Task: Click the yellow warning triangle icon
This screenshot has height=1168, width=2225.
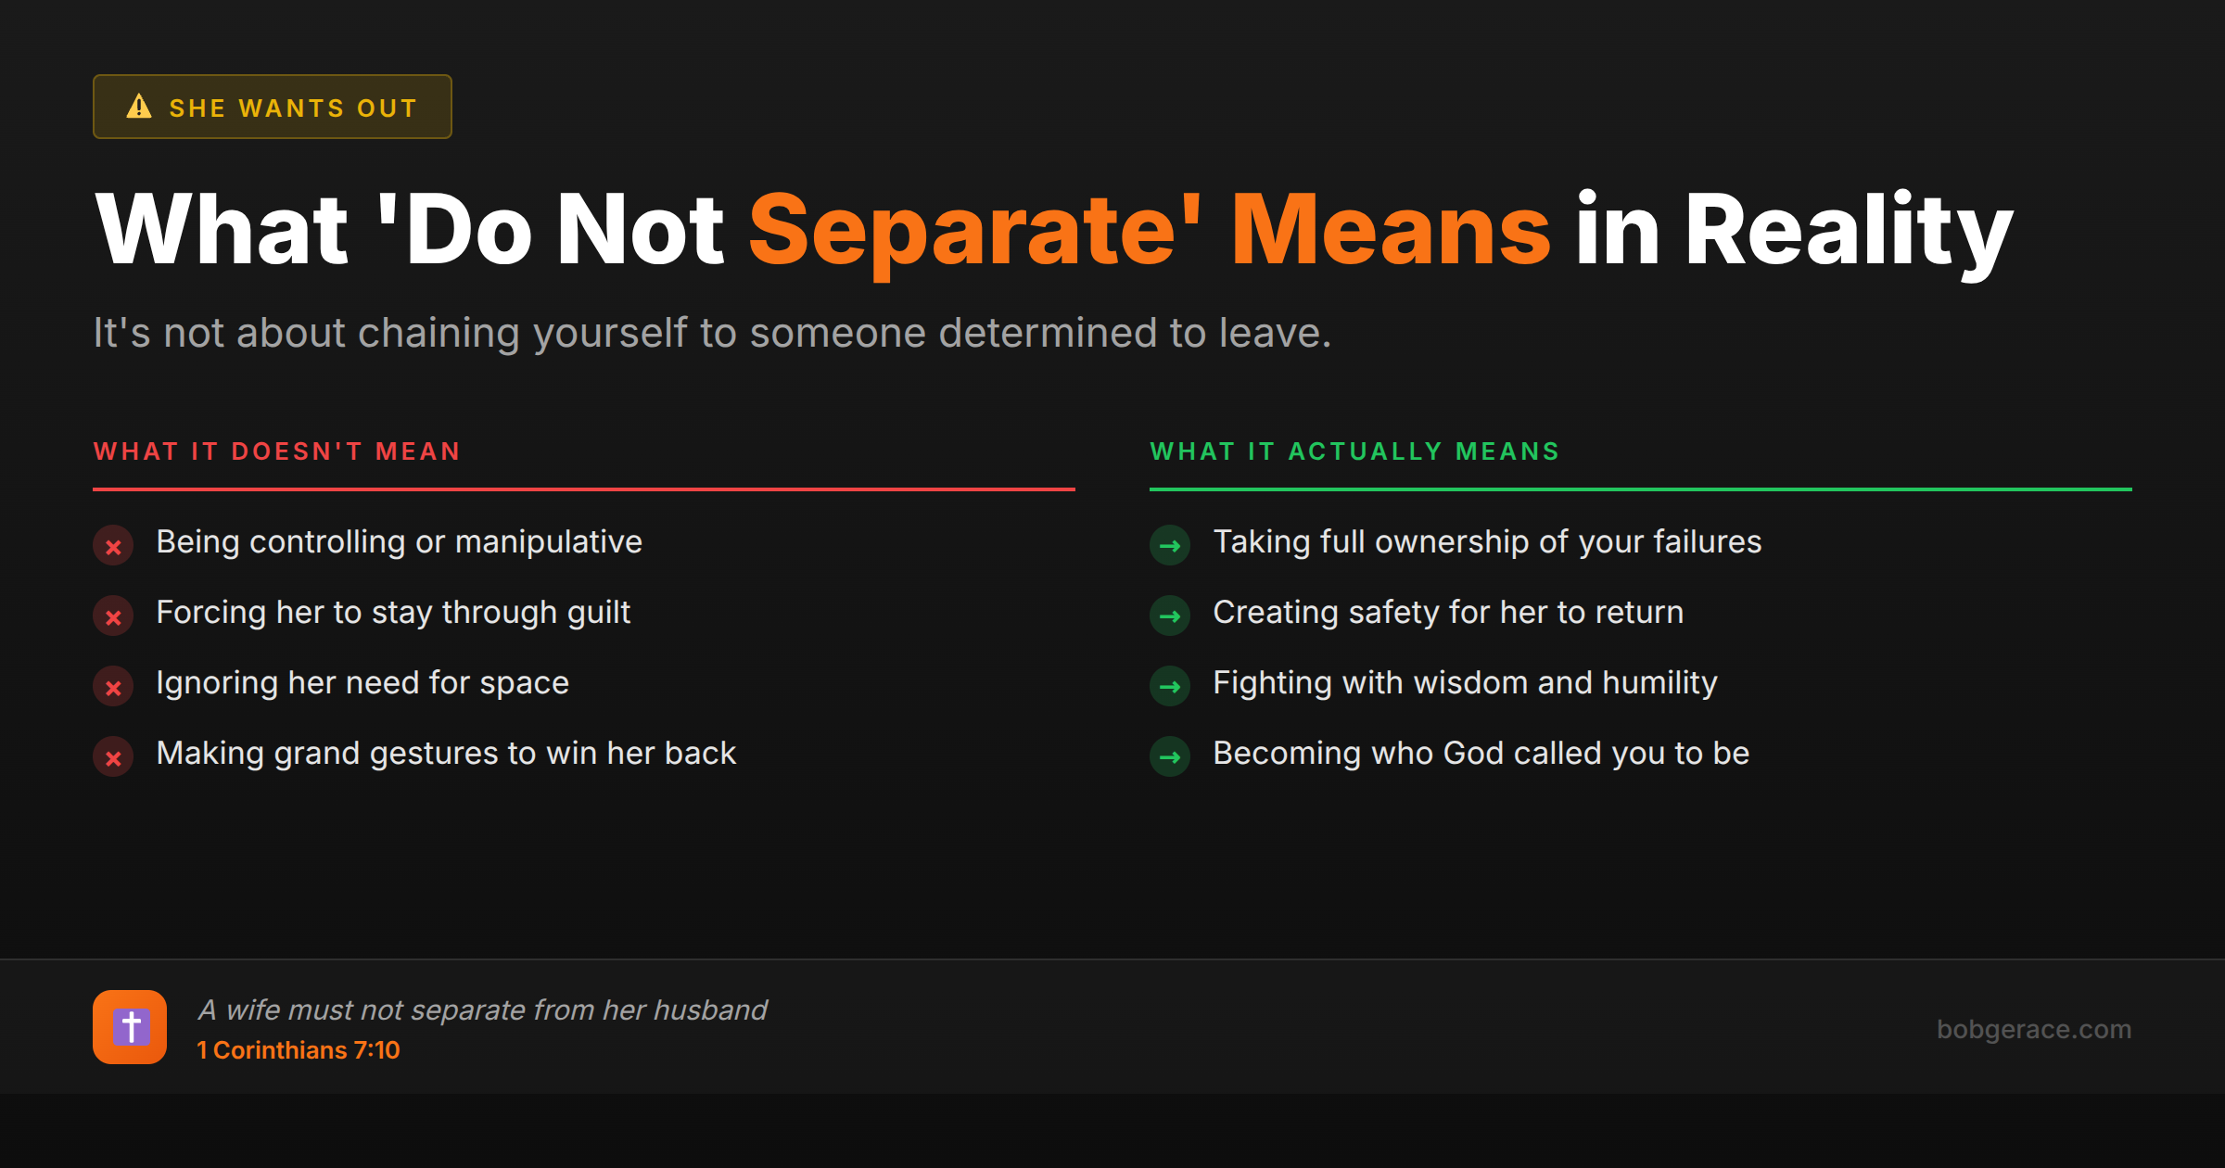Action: pos(139,107)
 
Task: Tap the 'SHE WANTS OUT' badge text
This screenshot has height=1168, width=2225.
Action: pos(293,108)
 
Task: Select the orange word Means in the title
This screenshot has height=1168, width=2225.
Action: pos(1391,230)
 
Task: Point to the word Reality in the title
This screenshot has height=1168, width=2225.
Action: pos(1849,230)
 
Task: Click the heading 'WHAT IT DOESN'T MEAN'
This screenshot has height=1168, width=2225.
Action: pos(277,451)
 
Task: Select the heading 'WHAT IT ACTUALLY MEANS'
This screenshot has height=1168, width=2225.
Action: pos(1354,451)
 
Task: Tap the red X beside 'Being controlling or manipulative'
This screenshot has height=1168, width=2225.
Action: pos(113,546)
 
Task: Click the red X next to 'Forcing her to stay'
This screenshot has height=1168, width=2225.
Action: pos(113,616)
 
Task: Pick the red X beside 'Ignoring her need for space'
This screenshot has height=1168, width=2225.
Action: pos(113,687)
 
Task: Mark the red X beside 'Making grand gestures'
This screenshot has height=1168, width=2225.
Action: pos(113,757)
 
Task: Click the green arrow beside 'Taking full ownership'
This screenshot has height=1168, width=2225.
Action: pos(1170,546)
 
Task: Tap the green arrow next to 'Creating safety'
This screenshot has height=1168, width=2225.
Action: pos(1170,616)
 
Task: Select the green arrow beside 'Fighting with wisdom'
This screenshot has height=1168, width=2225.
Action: pos(1170,687)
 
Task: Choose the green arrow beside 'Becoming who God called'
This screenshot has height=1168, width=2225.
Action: pos(1170,757)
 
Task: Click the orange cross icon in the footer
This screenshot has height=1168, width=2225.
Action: pos(130,1027)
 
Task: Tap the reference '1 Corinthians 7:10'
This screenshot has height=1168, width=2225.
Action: pos(299,1050)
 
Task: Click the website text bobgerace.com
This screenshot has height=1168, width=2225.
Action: pos(2034,1029)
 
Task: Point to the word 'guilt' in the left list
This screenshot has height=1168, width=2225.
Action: pos(598,613)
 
